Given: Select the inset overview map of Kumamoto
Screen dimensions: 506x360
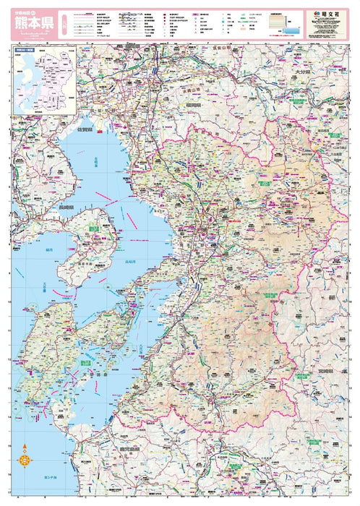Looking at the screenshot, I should pyautogui.click(x=43, y=80).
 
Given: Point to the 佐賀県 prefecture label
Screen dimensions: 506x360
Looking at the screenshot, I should pyautogui.click(x=89, y=129).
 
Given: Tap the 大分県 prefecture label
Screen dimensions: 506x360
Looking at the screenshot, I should pyautogui.click(x=302, y=74).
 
